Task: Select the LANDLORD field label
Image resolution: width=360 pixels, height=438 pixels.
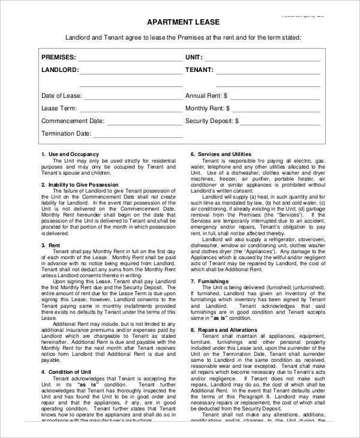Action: tap(59, 70)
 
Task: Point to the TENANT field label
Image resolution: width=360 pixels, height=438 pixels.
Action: tap(199, 70)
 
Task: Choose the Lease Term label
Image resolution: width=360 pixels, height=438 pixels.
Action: tap(59, 109)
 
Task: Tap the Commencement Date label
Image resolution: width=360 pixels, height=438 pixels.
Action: tap(73, 121)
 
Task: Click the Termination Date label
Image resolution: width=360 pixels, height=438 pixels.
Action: tap(66, 133)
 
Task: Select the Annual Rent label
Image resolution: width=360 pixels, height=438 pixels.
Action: tap(206, 95)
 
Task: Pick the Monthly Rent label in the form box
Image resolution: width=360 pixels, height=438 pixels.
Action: tap(208, 109)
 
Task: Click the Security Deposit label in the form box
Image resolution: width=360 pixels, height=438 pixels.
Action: tap(212, 121)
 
